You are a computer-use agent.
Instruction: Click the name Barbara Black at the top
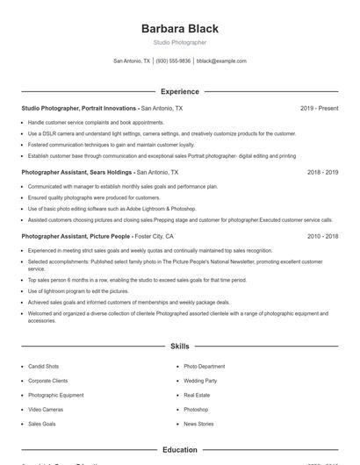coord(179,29)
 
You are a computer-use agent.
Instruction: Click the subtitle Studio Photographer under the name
coord(179,42)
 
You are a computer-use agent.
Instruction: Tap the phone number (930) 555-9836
coord(173,61)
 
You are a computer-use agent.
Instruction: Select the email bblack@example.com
coord(221,61)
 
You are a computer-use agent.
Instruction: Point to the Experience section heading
coord(179,91)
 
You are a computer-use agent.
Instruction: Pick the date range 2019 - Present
coord(319,108)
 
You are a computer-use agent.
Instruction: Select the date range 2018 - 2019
coord(322,173)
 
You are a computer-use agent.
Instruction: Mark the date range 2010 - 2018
coord(322,237)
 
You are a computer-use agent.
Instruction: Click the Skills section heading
coord(179,347)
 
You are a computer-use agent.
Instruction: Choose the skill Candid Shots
coord(44,367)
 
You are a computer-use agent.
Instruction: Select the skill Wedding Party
coord(200,381)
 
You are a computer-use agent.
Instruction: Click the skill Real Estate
coord(196,395)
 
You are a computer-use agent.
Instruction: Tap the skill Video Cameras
coord(46,410)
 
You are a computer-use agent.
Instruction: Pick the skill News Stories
coord(198,424)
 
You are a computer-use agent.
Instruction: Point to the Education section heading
coord(179,450)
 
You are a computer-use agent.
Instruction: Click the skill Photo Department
coord(204,367)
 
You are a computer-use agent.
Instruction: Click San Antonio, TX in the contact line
coord(132,61)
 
